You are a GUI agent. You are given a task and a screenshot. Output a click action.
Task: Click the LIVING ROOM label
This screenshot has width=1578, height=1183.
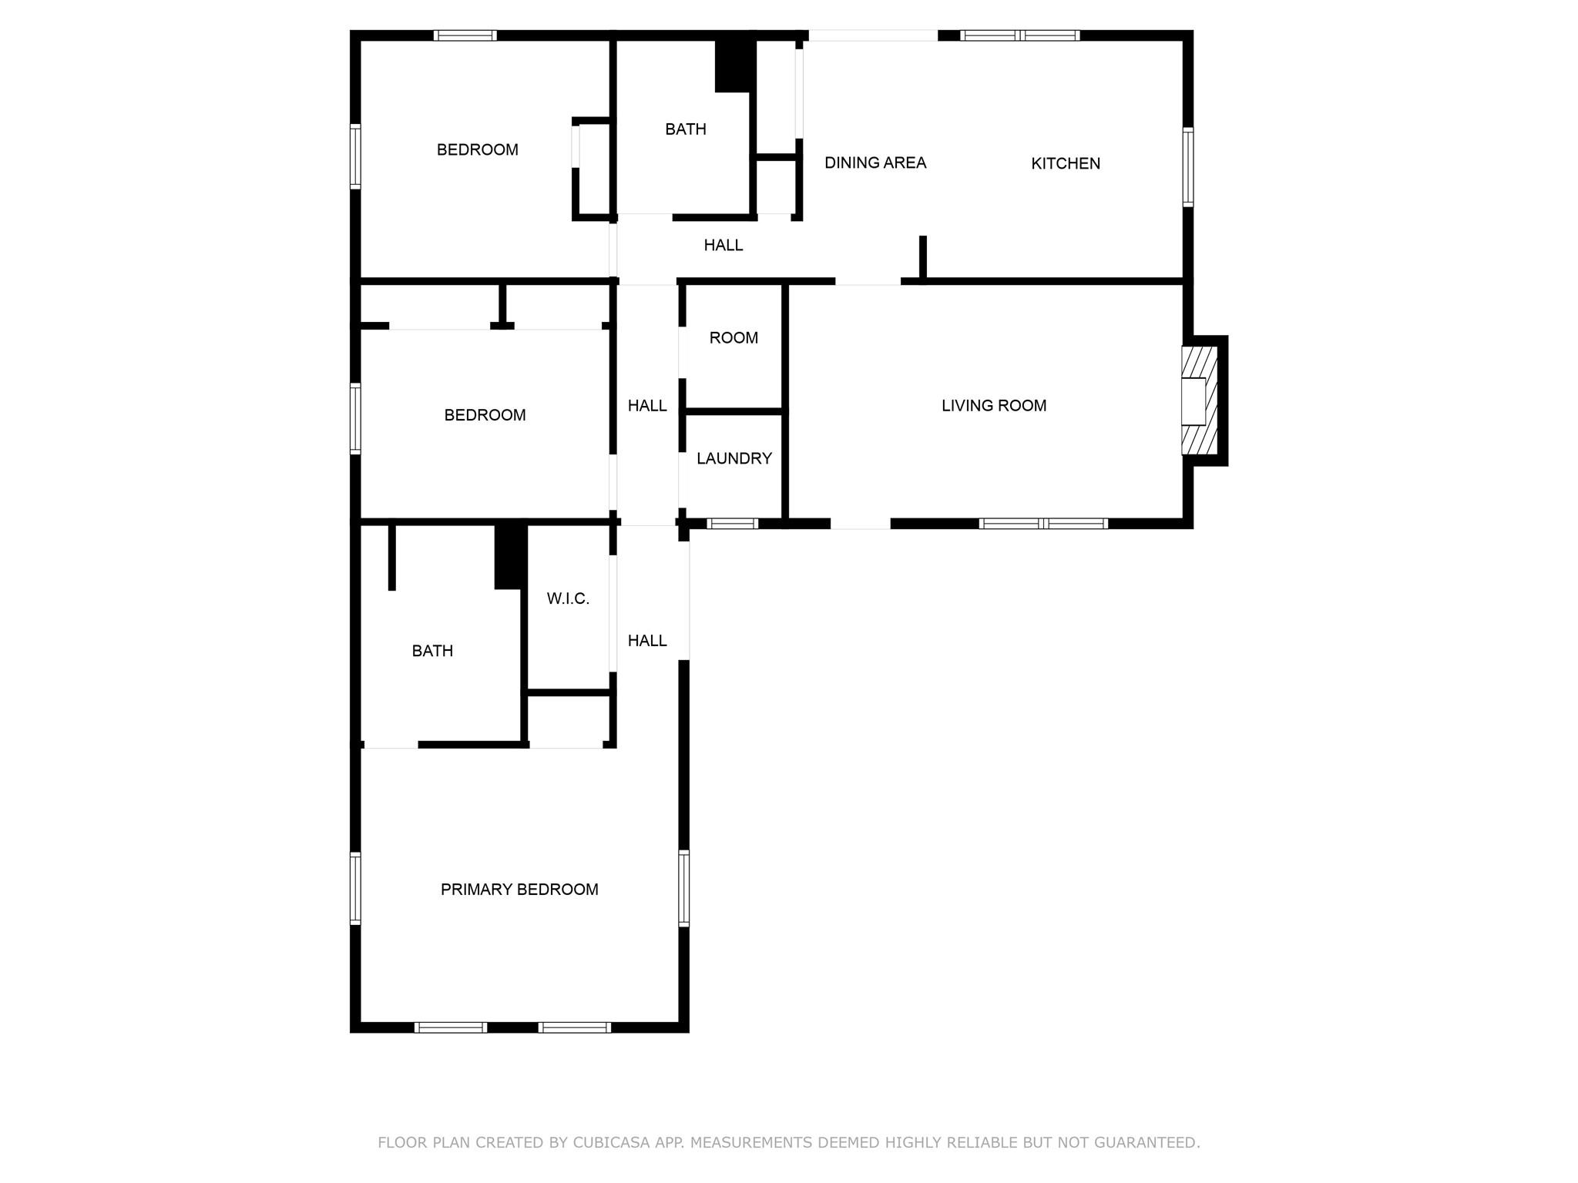point(993,406)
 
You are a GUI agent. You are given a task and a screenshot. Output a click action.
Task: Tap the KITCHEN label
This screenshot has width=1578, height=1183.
point(1066,163)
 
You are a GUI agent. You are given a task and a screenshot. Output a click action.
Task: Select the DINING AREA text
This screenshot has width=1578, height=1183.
point(875,163)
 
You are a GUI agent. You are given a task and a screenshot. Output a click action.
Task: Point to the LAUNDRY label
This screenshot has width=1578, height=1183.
point(734,459)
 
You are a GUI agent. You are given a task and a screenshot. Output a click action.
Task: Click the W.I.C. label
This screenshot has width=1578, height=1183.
point(568,598)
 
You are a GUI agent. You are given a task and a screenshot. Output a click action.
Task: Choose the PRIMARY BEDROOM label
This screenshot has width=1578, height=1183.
point(519,890)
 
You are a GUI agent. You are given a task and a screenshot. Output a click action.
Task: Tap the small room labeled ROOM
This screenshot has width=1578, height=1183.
point(734,338)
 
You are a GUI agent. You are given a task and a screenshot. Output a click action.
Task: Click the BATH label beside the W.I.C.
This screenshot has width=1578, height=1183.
point(432,652)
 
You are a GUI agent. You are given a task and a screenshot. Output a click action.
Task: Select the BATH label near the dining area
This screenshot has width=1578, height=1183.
point(685,129)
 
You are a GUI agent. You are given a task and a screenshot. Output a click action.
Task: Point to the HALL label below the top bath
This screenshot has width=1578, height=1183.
point(723,246)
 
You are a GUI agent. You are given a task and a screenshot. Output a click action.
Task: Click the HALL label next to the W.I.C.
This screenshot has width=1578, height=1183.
point(646,641)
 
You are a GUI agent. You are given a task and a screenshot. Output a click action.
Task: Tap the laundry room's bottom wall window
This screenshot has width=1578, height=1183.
point(732,524)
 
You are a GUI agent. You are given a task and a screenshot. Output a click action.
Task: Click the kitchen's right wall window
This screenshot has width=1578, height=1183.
point(1187,167)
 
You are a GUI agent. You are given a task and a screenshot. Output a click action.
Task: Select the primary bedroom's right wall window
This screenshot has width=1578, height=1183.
point(683,887)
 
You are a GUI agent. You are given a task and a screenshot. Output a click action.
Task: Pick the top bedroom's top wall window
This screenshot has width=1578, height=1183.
point(465,35)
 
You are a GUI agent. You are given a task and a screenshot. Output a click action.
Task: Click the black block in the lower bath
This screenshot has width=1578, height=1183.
point(510,556)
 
